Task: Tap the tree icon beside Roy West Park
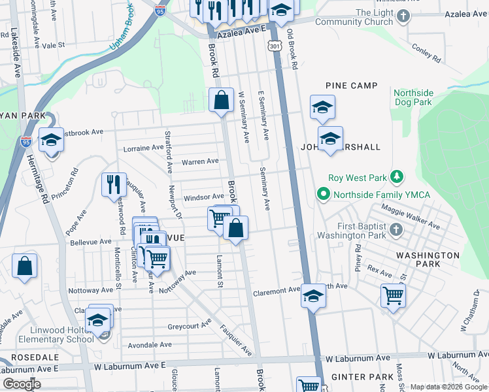tap(395, 177)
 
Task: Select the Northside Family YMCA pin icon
tap(323, 194)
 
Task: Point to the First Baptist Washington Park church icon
tap(396, 229)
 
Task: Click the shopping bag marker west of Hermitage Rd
tap(25, 266)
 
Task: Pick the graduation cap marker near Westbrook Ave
tap(51, 140)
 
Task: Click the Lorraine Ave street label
tap(143, 148)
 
